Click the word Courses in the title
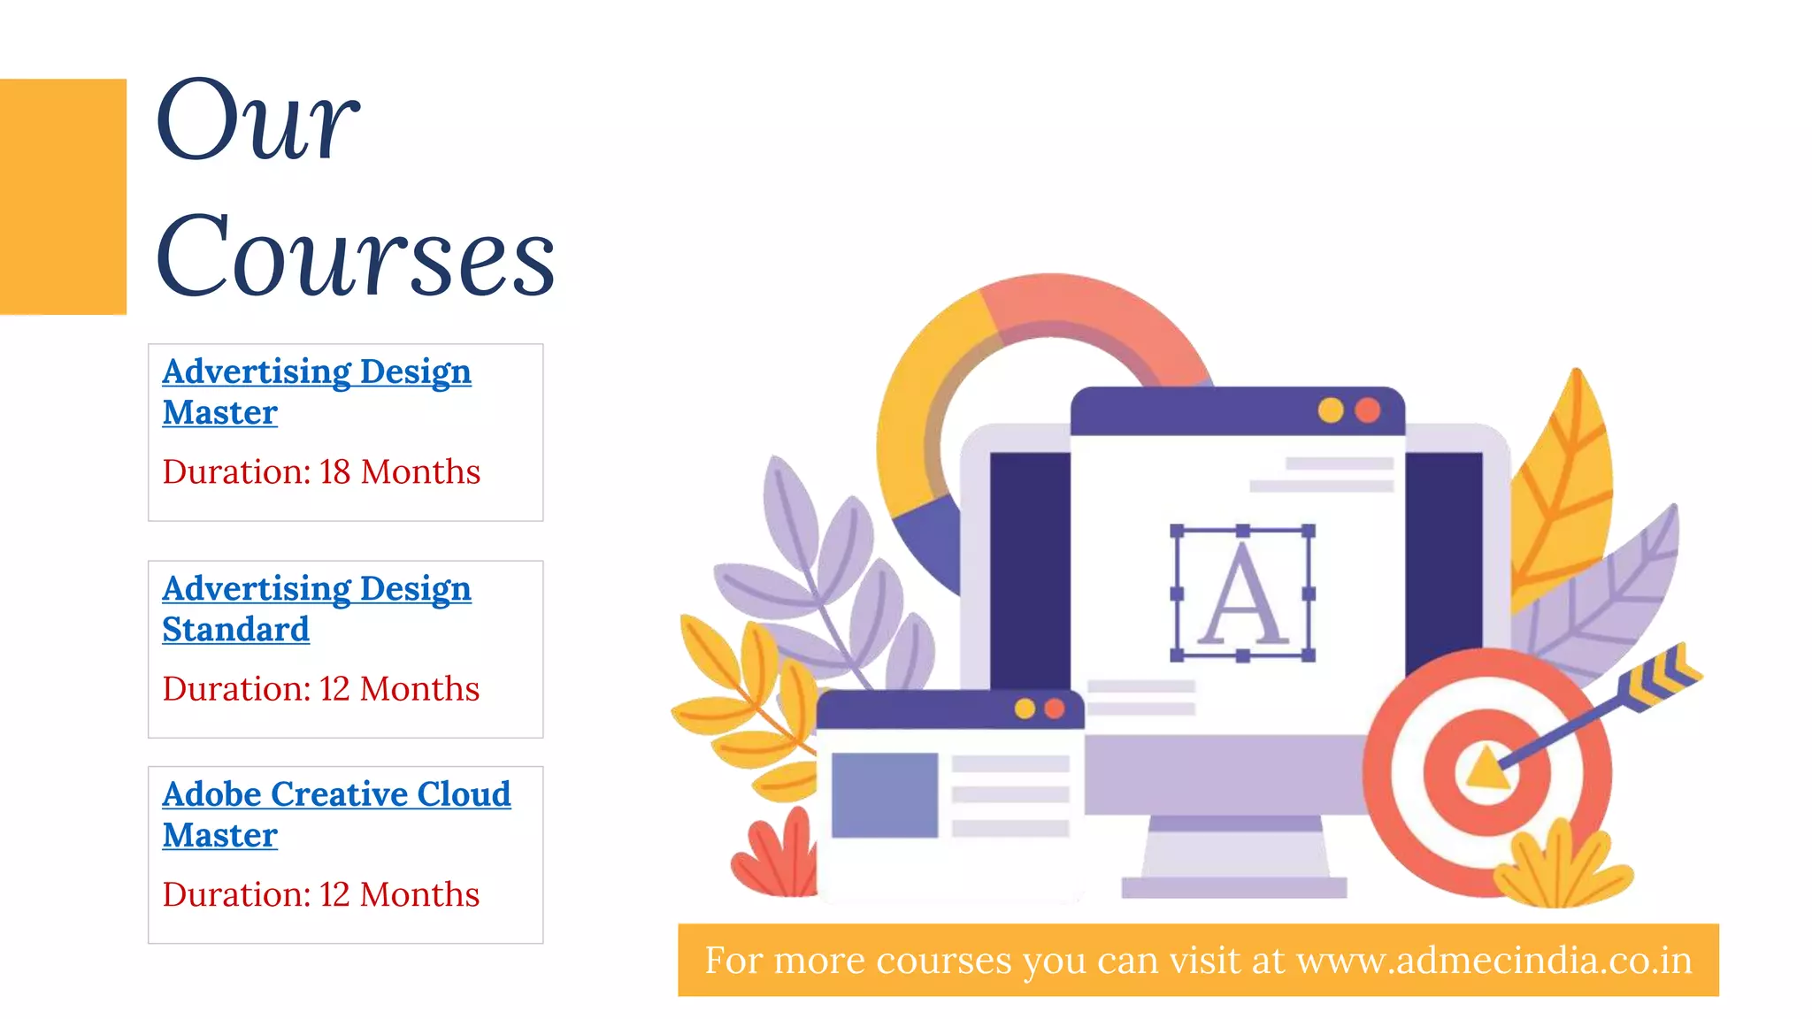click(x=355, y=257)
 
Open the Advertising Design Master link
click(x=316, y=391)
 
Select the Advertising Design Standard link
click(x=316, y=609)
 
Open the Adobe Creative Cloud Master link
click(x=336, y=814)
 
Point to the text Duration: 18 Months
click(x=321, y=472)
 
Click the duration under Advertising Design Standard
click(x=321, y=689)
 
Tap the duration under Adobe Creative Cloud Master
click(x=321, y=895)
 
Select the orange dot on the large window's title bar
click(x=1368, y=410)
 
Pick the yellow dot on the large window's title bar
click(x=1331, y=410)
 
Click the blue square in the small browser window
click(x=884, y=794)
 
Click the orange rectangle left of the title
click(x=63, y=196)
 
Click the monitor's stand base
click(x=1233, y=887)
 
